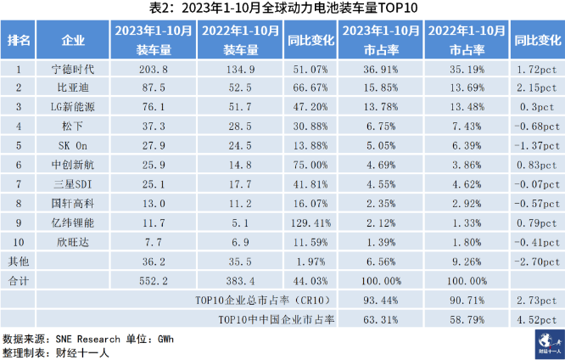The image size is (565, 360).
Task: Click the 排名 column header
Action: [19, 40]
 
